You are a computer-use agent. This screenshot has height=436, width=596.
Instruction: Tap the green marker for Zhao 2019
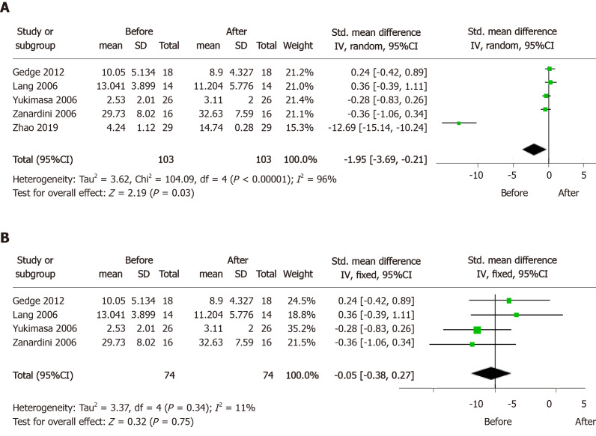click(459, 123)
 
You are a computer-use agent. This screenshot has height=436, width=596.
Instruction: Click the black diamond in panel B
click(495, 372)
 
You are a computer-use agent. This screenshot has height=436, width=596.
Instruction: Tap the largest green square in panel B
click(477, 330)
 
